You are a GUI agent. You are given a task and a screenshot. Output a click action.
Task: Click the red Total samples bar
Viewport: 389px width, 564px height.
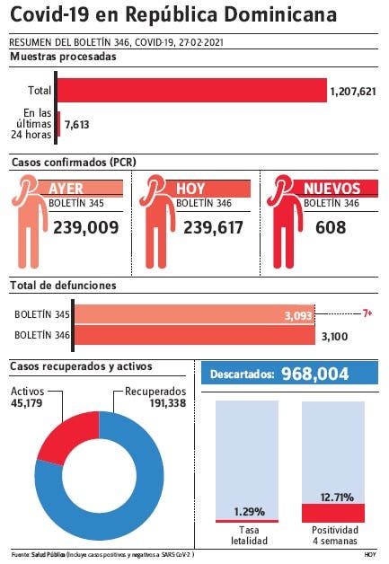[x=192, y=91]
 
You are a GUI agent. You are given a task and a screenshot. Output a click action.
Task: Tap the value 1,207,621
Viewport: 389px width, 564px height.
[x=353, y=92]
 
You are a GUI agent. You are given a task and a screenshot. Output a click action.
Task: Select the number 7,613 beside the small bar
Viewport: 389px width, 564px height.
[x=76, y=125]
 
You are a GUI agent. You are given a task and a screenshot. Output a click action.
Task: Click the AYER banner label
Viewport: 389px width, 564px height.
[x=66, y=188]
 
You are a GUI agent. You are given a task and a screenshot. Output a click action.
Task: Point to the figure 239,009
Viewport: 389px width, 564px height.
[x=86, y=228]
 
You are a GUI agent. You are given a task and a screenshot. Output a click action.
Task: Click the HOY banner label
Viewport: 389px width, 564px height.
[x=190, y=189]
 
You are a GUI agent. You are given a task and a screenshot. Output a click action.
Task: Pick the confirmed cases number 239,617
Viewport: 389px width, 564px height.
[x=214, y=228]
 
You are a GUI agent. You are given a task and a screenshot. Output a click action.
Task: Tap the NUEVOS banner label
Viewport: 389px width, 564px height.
[x=332, y=189]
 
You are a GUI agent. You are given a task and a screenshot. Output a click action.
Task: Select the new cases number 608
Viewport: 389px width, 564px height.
[x=331, y=228]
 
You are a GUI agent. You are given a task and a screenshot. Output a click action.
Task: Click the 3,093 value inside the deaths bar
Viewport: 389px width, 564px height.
[x=298, y=316]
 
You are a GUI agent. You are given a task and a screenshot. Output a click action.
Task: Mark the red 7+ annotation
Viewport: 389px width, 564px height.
[x=367, y=313]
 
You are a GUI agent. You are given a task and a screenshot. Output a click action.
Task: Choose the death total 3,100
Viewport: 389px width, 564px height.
[x=334, y=337]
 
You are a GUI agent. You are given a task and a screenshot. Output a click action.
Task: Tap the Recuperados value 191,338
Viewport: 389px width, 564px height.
[x=168, y=403]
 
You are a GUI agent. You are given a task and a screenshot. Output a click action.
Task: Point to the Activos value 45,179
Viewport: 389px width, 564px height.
[x=26, y=403]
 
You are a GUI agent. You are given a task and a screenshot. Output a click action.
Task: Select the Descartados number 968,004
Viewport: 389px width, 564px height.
[x=314, y=374]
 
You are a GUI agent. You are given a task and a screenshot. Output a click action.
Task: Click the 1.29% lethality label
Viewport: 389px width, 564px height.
[x=249, y=512]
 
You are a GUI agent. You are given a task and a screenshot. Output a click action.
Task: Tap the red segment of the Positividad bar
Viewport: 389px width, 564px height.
[x=333, y=513]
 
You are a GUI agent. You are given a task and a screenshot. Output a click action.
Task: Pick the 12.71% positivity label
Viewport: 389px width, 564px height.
[x=337, y=498]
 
